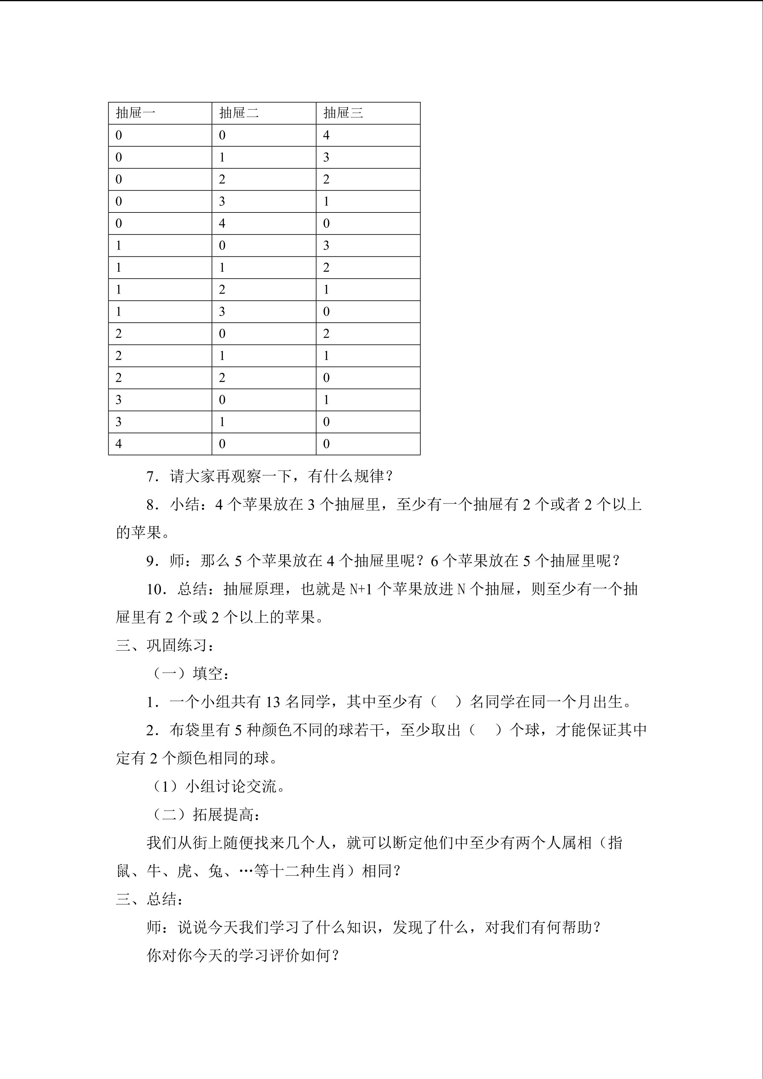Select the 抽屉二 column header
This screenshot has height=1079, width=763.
coord(239,113)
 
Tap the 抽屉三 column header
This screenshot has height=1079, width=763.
coord(343,113)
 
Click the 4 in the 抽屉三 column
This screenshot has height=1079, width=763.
coord(326,135)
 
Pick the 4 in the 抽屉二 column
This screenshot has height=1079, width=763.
coord(222,223)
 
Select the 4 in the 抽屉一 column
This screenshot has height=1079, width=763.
coord(118,444)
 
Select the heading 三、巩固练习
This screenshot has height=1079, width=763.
coord(165,646)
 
